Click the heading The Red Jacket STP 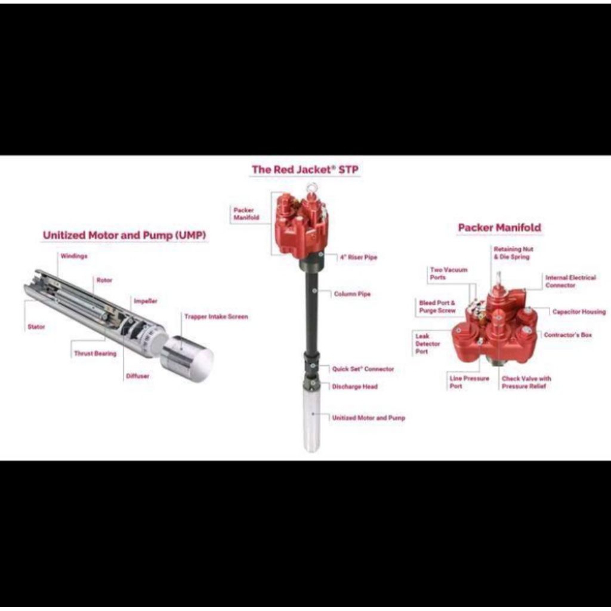click(x=305, y=169)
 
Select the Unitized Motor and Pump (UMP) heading click(x=124, y=235)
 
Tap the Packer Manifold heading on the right click(x=499, y=227)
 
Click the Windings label click(x=74, y=256)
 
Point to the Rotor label click(x=104, y=280)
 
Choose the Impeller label click(x=146, y=301)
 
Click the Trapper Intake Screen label click(x=216, y=317)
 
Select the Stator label click(x=36, y=327)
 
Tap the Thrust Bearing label click(x=95, y=353)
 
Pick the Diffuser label click(x=138, y=376)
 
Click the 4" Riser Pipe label click(x=359, y=257)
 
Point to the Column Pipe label click(x=352, y=294)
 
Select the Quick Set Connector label click(x=363, y=369)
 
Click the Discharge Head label click(x=355, y=387)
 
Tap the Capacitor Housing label click(x=579, y=311)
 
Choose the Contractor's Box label click(x=568, y=335)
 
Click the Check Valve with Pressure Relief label click(x=526, y=382)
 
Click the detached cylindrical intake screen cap click(x=187, y=359)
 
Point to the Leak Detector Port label click(x=427, y=344)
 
